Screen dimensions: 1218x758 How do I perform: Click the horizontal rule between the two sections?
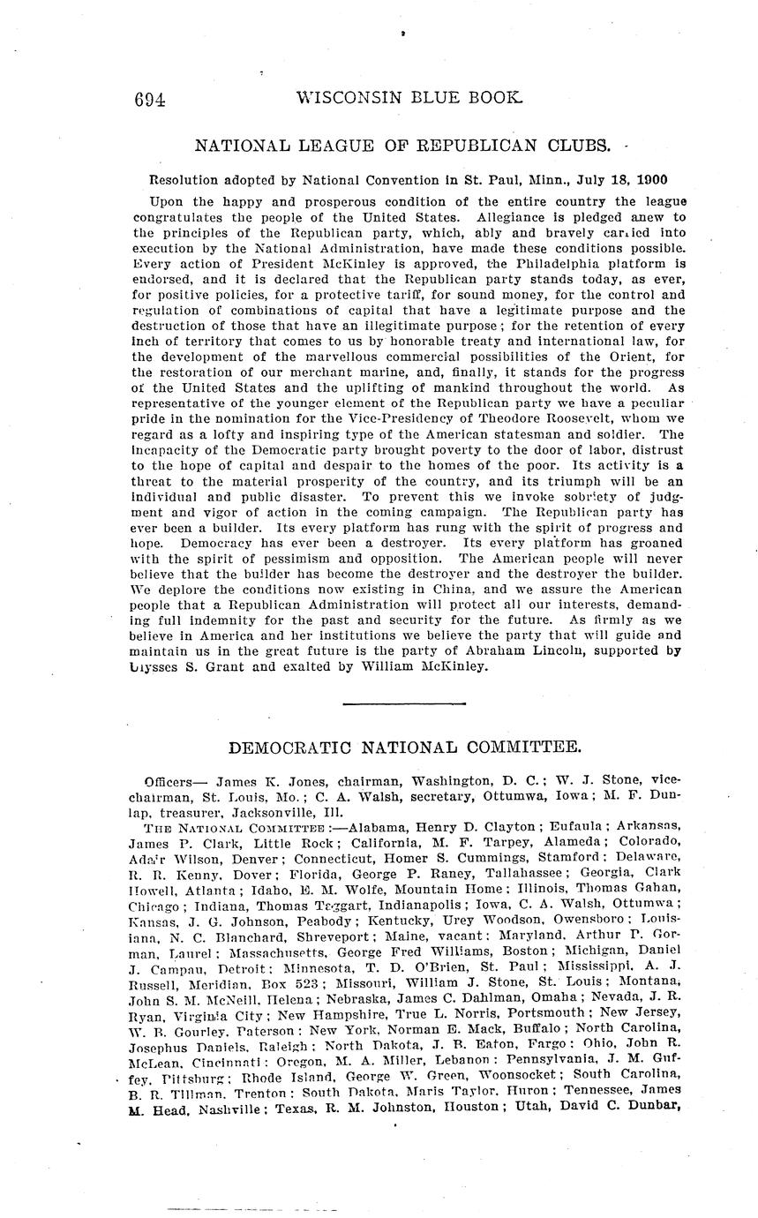coord(379,703)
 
